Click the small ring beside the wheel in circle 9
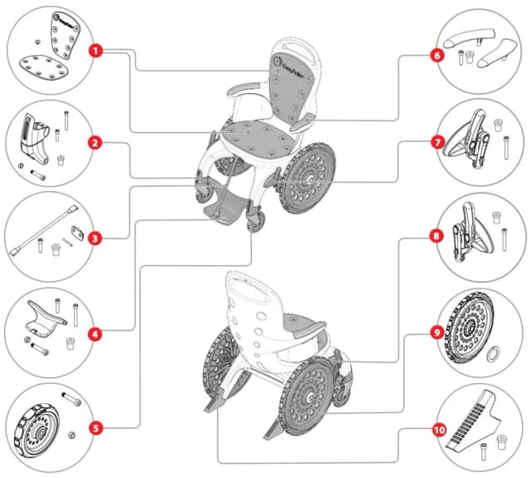point(493,353)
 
